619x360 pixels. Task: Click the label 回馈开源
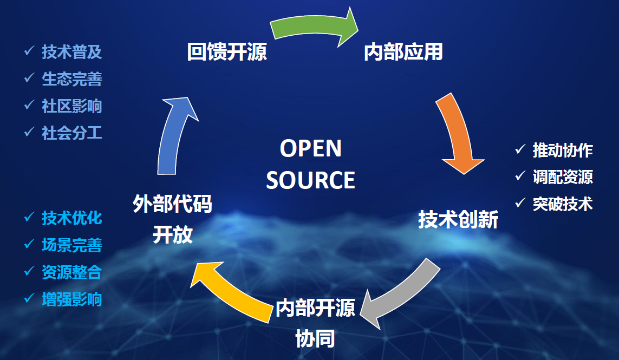227,53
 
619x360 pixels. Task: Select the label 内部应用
403,53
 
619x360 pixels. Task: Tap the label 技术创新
458,220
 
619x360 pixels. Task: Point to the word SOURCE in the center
310,180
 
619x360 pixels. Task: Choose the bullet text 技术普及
72,52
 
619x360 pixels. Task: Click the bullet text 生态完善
72,79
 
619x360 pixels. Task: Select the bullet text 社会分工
72,133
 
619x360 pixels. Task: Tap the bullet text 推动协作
563,150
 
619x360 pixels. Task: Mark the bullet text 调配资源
563,177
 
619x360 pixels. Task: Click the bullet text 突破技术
563,204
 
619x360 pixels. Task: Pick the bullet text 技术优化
72,218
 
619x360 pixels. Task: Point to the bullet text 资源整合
72,272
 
